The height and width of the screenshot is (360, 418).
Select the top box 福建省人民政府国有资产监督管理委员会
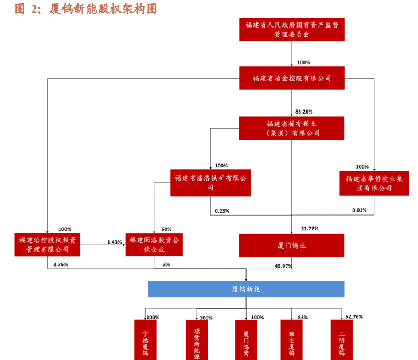tap(292, 29)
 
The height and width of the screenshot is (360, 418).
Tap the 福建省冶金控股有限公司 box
tap(292, 78)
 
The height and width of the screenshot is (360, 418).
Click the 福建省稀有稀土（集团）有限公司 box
tap(292, 128)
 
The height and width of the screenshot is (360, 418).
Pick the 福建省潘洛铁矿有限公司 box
tap(210, 183)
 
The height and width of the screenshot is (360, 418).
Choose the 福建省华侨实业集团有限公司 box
tap(374, 183)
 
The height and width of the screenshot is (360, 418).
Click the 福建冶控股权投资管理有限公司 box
tap(47, 244)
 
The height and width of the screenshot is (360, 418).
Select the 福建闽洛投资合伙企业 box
tap(154, 244)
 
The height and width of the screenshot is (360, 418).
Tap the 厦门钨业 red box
tap(292, 245)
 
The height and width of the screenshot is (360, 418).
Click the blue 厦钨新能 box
tap(246, 289)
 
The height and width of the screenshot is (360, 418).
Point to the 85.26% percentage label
tap(304, 111)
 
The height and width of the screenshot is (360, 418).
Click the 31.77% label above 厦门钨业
tap(310, 229)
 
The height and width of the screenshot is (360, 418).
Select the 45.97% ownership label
tap(283, 266)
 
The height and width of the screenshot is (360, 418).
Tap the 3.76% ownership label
tap(60, 264)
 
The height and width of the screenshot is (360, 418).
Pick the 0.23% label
tap(222, 211)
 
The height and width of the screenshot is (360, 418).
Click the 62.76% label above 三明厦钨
tap(354, 316)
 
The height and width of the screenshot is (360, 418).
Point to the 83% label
tap(303, 317)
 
